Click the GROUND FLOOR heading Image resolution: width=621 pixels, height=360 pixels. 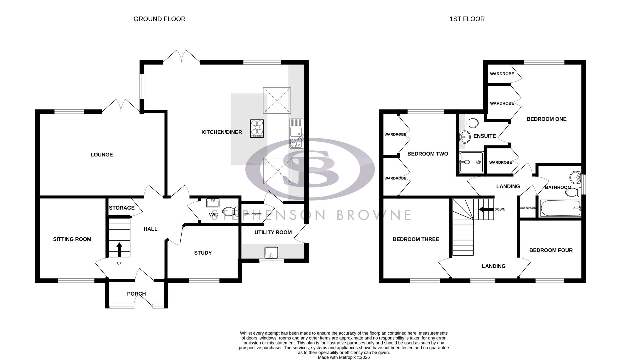coord(159,19)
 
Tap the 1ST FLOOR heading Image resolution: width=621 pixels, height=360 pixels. coord(467,19)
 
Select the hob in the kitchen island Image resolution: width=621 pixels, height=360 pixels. coord(257,128)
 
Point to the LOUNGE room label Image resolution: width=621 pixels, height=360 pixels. coord(102,155)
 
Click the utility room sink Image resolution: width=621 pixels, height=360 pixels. coord(271,253)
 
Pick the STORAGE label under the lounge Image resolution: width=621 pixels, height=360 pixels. coord(122,208)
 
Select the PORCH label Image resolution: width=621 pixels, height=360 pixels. coord(136,294)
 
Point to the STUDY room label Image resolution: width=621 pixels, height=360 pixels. coord(203,253)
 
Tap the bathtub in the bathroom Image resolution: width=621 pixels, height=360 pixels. coord(561,208)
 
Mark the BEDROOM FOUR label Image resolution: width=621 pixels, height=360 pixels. coord(551,250)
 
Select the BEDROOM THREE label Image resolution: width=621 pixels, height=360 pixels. coord(416,239)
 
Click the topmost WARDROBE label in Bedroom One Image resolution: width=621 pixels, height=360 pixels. coord(502,74)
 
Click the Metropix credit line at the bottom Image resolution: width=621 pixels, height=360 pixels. coord(344,357)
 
